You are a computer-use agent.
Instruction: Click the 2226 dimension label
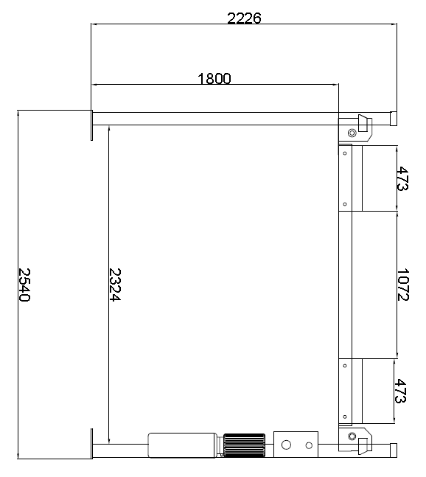click(244, 18)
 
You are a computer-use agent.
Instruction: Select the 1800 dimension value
click(214, 78)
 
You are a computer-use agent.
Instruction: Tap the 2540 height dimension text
click(24, 285)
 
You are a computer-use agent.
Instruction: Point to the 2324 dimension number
click(115, 285)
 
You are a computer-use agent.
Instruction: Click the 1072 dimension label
click(403, 285)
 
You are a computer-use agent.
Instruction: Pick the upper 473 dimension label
click(402, 178)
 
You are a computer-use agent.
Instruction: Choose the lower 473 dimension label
click(400, 391)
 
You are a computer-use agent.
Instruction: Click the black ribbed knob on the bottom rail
click(244, 445)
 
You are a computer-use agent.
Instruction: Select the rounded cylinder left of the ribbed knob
click(183, 445)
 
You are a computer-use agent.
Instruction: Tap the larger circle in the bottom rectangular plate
click(286, 445)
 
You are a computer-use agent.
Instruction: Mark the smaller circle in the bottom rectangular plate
click(309, 445)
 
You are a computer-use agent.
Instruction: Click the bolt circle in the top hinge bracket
click(352, 133)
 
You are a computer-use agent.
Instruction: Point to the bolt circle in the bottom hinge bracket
click(352, 436)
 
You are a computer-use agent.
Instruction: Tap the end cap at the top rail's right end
click(394, 119)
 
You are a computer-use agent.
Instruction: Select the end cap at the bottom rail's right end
click(394, 450)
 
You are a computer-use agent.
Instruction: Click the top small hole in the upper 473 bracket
click(345, 153)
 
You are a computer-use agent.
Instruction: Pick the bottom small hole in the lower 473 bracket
click(345, 417)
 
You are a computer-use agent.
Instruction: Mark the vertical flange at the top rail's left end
click(91, 125)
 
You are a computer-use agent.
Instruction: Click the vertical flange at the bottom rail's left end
click(91, 444)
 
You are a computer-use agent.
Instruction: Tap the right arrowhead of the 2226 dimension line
click(394, 24)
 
